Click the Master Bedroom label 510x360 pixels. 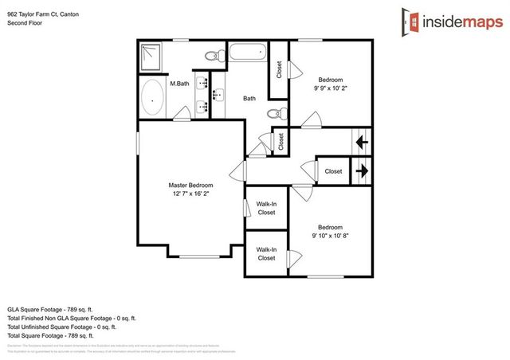[190, 185]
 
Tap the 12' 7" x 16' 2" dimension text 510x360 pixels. [190, 194]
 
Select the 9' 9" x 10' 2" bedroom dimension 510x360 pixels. [331, 89]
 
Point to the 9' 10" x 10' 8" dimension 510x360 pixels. [330, 235]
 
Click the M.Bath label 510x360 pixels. [178, 83]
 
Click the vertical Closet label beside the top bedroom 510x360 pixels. [279, 71]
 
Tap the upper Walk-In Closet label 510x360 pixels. [266, 209]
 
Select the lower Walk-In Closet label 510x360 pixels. [266, 254]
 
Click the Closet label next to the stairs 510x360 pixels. [333, 171]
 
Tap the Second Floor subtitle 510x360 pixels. [25, 24]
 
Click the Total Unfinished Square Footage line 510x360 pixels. [62, 327]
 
